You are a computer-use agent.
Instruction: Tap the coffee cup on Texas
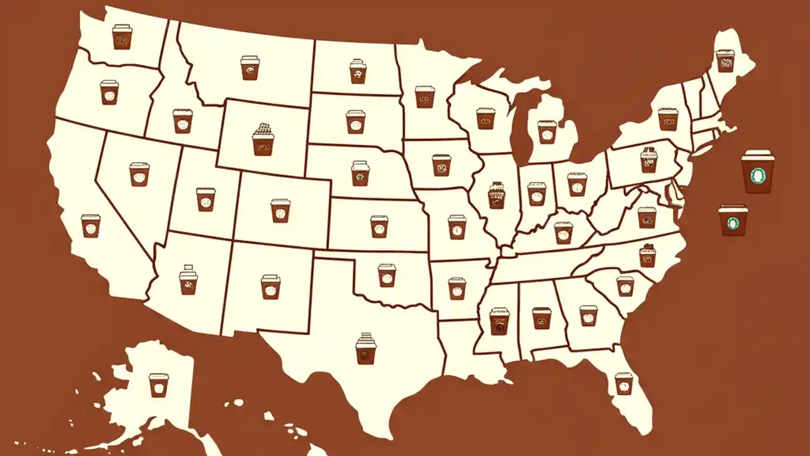(366, 349)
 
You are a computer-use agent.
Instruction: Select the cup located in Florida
(623, 383)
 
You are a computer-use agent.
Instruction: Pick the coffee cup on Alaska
(159, 384)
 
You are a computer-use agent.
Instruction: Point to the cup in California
(90, 225)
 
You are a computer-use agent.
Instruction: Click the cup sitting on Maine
(725, 61)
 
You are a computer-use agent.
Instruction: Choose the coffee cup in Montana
(250, 67)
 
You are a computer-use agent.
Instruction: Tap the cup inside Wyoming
(263, 140)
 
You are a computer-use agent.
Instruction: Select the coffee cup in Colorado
(280, 210)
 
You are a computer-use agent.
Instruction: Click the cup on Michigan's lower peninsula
(547, 132)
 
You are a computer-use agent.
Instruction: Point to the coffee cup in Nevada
(139, 174)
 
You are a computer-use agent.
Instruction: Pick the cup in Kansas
(379, 226)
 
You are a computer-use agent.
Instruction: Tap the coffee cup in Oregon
(109, 92)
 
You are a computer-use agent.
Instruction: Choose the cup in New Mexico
(270, 286)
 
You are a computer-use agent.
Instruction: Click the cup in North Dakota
(358, 72)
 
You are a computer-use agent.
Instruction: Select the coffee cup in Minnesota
(425, 97)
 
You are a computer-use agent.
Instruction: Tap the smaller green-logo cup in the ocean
(733, 220)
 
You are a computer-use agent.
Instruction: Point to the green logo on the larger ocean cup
(757, 175)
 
